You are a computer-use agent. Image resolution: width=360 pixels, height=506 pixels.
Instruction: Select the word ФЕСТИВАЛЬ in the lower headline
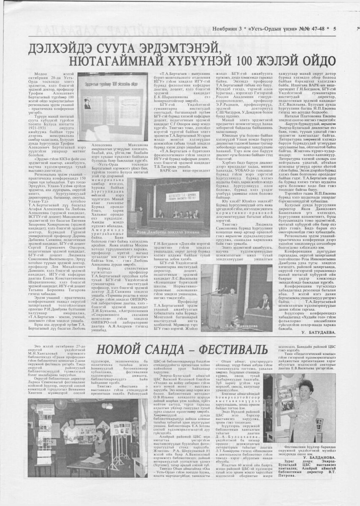tap(230, 350)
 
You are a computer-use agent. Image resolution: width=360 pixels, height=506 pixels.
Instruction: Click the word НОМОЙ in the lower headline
tap(121, 350)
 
